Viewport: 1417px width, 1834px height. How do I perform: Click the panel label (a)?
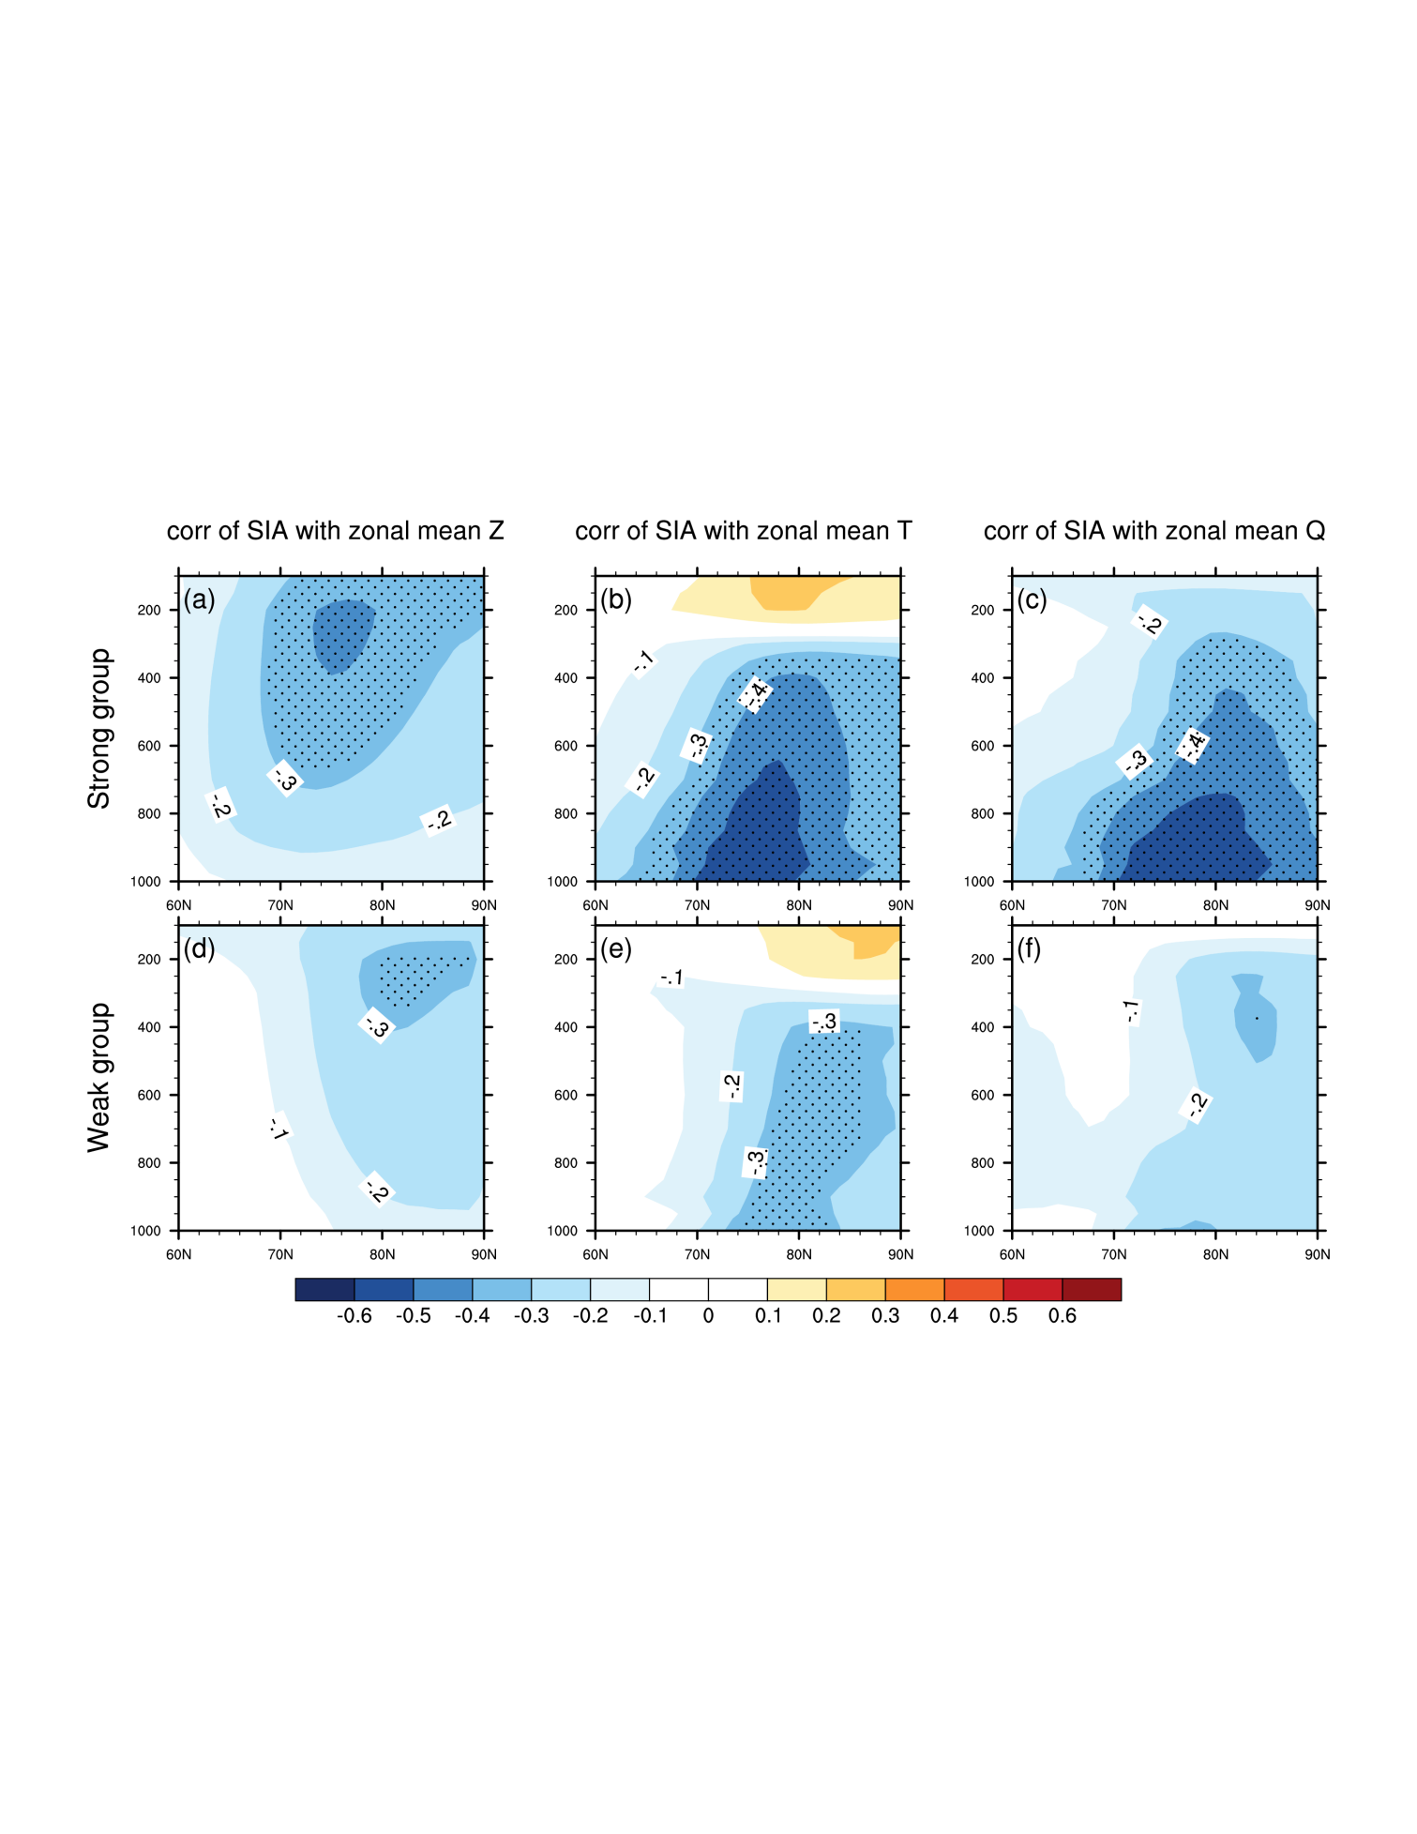coord(199,599)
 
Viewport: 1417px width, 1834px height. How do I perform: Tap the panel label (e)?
coord(615,949)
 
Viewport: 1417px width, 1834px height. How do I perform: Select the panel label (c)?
coord(1032,599)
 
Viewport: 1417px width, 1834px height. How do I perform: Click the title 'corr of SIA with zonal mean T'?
coord(743,531)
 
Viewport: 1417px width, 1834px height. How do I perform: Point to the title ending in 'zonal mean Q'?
coord(1153,531)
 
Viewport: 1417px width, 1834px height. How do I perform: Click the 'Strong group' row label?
coord(99,728)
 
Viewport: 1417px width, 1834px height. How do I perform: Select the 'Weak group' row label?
coord(99,1077)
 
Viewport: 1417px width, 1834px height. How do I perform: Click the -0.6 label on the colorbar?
coord(354,1316)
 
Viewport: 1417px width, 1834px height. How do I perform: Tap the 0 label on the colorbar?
coord(708,1316)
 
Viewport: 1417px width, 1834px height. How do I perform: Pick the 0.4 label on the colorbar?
coord(943,1316)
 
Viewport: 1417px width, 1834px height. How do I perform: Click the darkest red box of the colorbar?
coord(1092,1289)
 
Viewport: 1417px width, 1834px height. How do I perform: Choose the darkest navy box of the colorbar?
coord(324,1289)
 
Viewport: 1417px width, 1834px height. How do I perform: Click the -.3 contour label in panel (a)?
coord(285,779)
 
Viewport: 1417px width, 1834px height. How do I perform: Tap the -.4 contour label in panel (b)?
coord(755,694)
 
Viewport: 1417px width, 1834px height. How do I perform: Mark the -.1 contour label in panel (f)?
coord(1132,1011)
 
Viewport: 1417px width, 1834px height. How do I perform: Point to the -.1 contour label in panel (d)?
coord(279,1128)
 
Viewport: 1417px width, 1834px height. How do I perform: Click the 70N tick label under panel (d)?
coord(280,1254)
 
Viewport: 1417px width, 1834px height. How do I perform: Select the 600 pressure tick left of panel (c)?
coord(982,746)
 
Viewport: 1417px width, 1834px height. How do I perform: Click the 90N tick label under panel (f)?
coord(1317,1254)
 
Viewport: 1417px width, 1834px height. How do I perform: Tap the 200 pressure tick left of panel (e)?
coord(565,959)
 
